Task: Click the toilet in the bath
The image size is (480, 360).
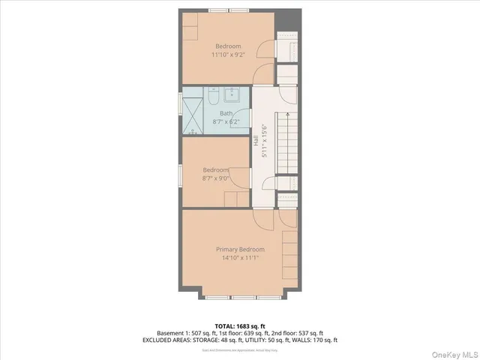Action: [x=213, y=98]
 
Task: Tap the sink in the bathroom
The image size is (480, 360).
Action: [x=232, y=95]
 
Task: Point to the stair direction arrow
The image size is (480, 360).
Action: [x=287, y=117]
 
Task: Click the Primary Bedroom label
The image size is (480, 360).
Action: [x=240, y=249]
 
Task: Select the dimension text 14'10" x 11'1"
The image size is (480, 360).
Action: [x=240, y=258]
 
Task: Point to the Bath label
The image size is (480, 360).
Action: [x=226, y=113]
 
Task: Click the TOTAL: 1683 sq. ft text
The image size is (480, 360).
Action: [x=240, y=325]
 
